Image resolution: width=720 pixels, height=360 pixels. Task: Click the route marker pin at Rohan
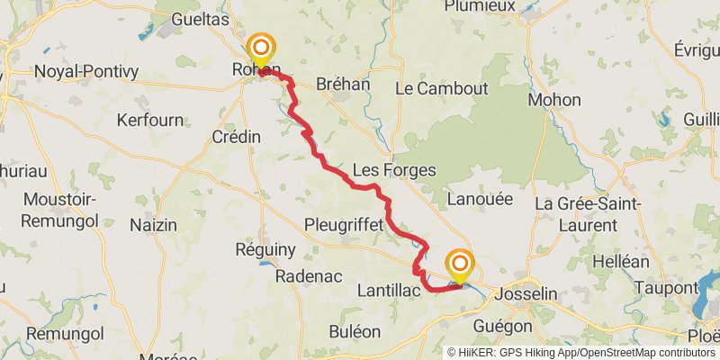click(261, 50)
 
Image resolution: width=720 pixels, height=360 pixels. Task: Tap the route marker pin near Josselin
click(460, 265)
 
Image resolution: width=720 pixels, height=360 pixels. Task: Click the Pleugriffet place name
click(344, 223)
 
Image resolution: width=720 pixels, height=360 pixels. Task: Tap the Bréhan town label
click(344, 84)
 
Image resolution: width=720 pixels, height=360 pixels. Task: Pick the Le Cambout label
click(441, 88)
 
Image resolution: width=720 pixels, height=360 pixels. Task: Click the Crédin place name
click(236, 137)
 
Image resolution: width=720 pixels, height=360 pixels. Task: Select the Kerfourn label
click(149, 120)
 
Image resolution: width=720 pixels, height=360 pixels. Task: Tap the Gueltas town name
click(198, 19)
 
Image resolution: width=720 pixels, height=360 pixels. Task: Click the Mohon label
click(554, 99)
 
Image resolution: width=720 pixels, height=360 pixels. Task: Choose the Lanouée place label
click(479, 198)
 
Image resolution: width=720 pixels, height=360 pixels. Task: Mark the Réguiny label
click(265, 248)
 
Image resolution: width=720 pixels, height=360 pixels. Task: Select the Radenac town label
click(309, 276)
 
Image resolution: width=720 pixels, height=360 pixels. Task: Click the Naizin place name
click(153, 225)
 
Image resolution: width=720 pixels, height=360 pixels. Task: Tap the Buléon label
click(355, 331)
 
